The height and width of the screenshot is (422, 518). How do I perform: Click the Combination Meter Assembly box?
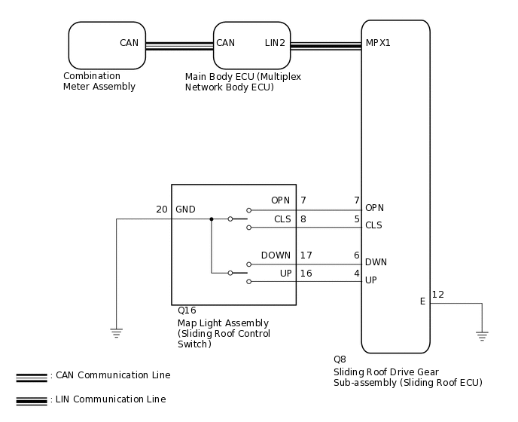pos(107,45)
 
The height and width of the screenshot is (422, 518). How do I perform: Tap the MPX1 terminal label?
pos(378,43)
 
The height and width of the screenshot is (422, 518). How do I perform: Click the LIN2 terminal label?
pos(275,43)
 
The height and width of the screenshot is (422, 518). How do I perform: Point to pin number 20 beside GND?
pos(162,209)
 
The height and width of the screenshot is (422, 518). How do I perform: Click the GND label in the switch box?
pos(185,209)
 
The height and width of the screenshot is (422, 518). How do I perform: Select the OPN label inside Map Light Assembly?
pos(281,200)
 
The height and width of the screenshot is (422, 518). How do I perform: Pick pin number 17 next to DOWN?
pos(306,255)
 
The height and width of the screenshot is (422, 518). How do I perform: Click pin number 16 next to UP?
pos(306,273)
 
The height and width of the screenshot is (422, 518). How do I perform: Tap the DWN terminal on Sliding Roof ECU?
pos(376,262)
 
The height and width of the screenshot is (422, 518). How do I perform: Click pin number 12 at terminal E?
pos(438,294)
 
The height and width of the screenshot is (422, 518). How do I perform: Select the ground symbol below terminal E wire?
pos(482,335)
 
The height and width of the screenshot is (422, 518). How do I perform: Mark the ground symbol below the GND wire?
pos(117,332)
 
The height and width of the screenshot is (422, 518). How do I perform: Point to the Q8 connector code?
pos(340,359)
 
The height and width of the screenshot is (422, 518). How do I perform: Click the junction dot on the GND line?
pos(212,219)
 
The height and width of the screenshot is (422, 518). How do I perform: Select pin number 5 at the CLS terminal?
pos(357,219)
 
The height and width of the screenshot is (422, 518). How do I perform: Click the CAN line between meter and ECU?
pos(179,45)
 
